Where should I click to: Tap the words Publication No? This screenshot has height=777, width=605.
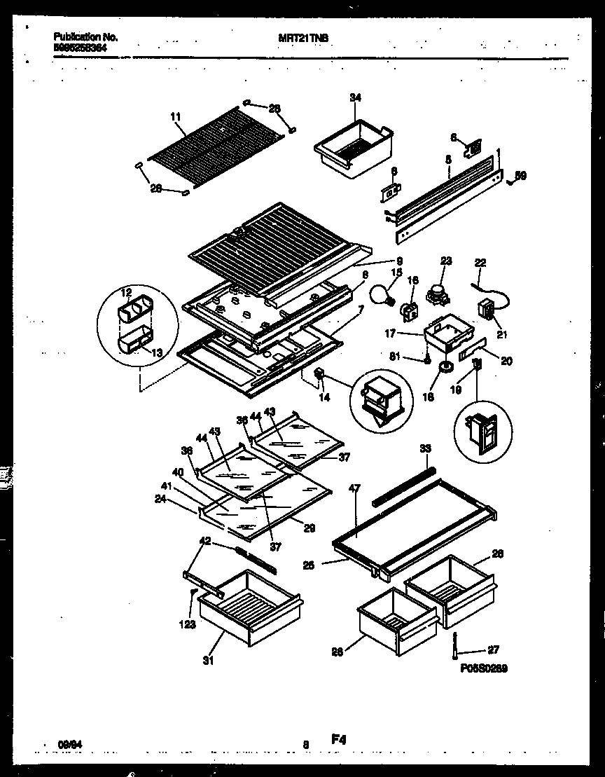tap(85, 36)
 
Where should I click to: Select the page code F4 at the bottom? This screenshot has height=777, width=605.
tap(339, 738)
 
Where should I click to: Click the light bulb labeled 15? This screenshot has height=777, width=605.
tap(381, 296)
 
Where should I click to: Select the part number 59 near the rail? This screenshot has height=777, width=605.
tap(520, 175)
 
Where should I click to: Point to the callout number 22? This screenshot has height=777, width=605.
tap(480, 263)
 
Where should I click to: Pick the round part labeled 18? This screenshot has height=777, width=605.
tap(443, 369)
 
